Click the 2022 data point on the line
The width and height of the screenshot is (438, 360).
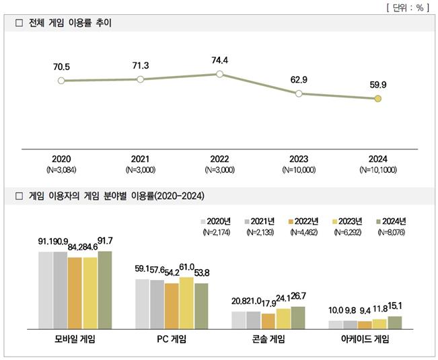click(219, 74)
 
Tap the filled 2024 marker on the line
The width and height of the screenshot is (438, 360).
click(377, 99)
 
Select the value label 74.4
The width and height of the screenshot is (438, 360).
click(219, 60)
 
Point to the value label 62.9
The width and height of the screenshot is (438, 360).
click(299, 79)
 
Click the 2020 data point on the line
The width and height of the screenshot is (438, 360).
click(61, 81)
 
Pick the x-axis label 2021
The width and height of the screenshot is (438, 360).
click(140, 159)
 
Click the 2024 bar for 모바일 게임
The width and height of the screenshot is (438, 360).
click(104, 289)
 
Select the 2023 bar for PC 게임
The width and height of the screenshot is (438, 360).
click(186, 303)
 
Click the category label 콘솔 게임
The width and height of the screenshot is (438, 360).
click(268, 340)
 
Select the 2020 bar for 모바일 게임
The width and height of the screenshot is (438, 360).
click(45, 290)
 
